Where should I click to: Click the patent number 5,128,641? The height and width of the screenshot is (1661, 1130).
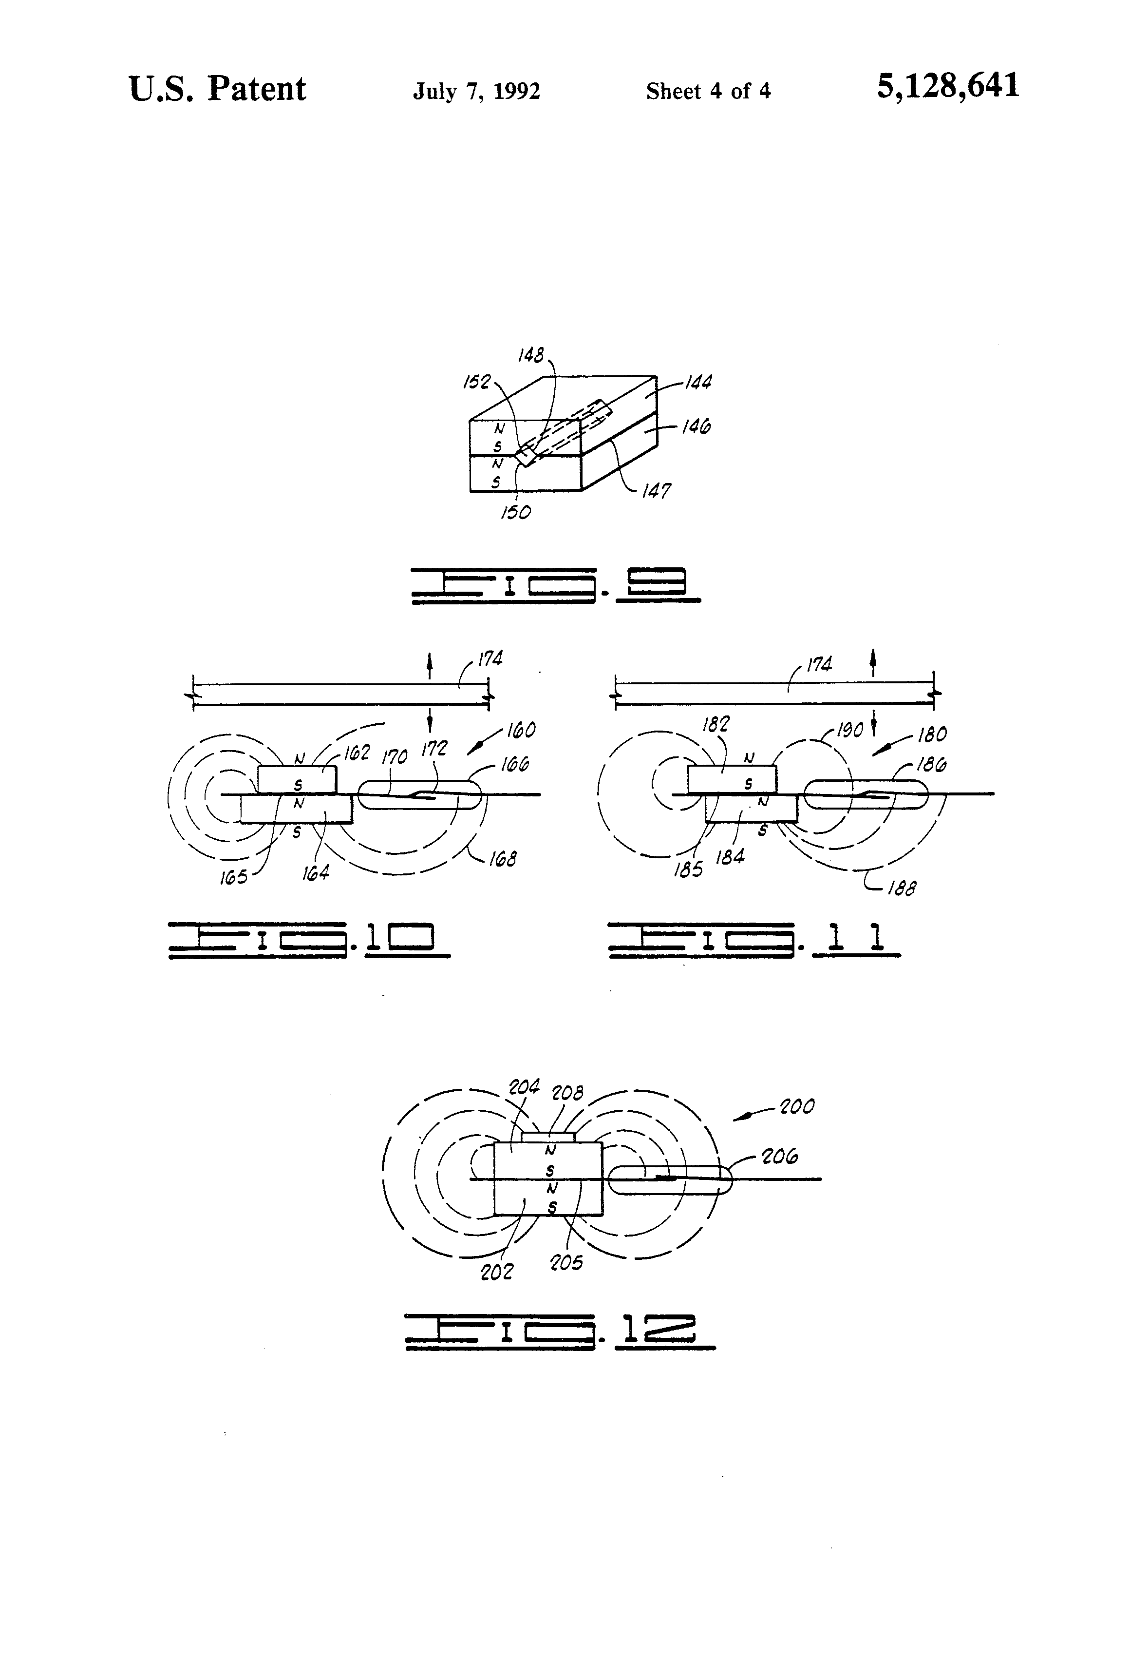pyautogui.click(x=947, y=86)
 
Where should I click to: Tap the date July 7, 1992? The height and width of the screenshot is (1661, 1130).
pyautogui.click(x=476, y=92)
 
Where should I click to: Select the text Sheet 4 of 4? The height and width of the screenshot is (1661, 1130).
pyautogui.click(x=708, y=92)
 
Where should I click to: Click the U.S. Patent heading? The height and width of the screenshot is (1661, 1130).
pyautogui.click(x=217, y=89)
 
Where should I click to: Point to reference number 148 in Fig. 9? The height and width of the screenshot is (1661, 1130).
pyautogui.click(x=531, y=355)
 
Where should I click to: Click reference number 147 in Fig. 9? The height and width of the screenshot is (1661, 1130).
pyautogui.click(x=656, y=491)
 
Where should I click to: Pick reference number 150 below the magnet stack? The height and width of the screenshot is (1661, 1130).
pyautogui.click(x=516, y=512)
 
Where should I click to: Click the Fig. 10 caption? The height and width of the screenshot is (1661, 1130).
pyautogui.click(x=309, y=939)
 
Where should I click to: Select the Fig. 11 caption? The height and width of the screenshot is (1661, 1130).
pyautogui.click(x=753, y=939)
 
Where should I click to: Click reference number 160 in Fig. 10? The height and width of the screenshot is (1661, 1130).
pyautogui.click(x=521, y=731)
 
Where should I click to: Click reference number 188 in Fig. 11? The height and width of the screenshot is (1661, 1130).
pyautogui.click(x=902, y=888)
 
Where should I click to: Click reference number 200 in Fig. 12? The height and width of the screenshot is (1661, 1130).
pyautogui.click(x=796, y=1107)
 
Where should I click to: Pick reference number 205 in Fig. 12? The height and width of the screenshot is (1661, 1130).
pyautogui.click(x=565, y=1263)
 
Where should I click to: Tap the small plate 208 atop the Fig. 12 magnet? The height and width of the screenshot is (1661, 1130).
pyautogui.click(x=548, y=1137)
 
